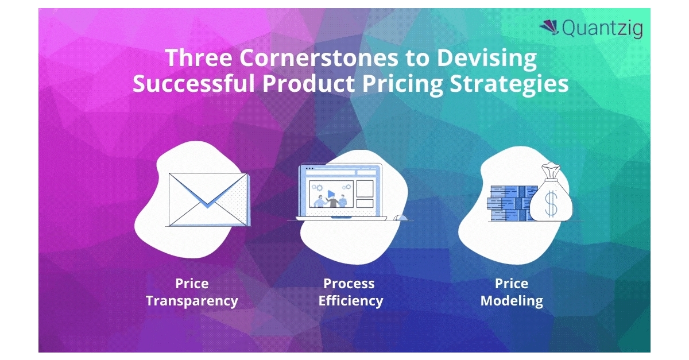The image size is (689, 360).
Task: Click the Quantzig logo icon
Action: (549, 28)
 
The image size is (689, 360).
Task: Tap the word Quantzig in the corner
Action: (602, 29)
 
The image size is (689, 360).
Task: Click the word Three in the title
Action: (199, 57)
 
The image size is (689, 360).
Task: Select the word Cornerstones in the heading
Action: (319, 58)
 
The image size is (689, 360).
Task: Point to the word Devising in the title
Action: (487, 59)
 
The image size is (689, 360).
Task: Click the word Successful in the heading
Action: (194, 84)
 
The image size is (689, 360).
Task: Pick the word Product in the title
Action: (309, 84)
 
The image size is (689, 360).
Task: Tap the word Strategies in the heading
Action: (509, 84)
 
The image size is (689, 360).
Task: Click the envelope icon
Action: (209, 199)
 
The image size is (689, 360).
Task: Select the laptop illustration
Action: (342, 192)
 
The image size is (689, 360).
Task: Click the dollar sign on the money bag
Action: (551, 204)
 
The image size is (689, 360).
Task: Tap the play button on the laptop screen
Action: (331, 194)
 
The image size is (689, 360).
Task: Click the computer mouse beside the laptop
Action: (401, 218)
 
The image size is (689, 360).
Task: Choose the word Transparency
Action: (192, 301)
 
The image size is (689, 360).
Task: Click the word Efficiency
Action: (351, 301)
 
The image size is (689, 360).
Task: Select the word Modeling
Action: (512, 301)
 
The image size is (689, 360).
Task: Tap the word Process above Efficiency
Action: (349, 284)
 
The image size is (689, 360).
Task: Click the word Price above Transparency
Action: (192, 284)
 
